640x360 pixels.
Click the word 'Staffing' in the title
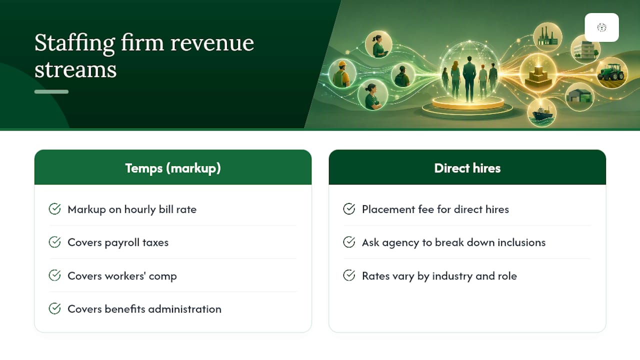[74, 43]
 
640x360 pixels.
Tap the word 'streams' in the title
[75, 69]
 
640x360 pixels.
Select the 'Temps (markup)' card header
[173, 167]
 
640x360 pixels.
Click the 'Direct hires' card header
[467, 167]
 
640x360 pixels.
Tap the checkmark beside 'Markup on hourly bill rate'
[54, 209]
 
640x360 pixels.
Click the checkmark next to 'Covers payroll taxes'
[54, 242]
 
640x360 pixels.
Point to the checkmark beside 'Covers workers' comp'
[54, 275]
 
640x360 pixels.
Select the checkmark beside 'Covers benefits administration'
[54, 308]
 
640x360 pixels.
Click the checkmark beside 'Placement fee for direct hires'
[349, 209]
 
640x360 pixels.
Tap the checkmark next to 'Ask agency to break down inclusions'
[349, 242]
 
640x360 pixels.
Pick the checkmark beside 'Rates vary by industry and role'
[349, 275]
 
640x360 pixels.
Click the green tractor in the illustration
[611, 72]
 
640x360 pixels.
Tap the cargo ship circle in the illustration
[541, 113]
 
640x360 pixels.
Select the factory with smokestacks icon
[547, 37]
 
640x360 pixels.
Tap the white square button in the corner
[601, 27]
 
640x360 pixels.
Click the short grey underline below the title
[51, 91]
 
